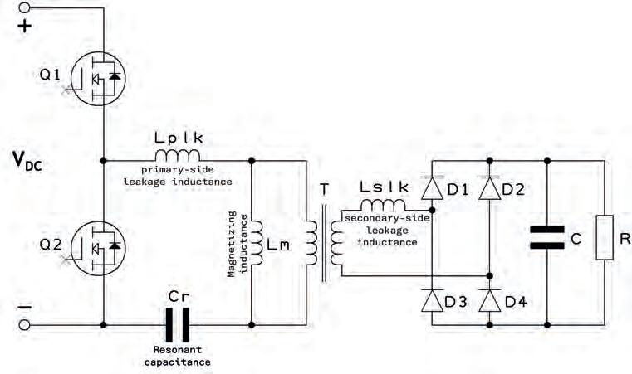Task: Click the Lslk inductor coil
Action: [383, 206]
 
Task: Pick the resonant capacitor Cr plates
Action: [177, 325]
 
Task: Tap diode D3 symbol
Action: [431, 300]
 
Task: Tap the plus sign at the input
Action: [25, 26]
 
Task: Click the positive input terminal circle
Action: [25, 7]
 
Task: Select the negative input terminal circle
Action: [25, 326]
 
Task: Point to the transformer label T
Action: [323, 189]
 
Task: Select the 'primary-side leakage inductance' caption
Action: [178, 175]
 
